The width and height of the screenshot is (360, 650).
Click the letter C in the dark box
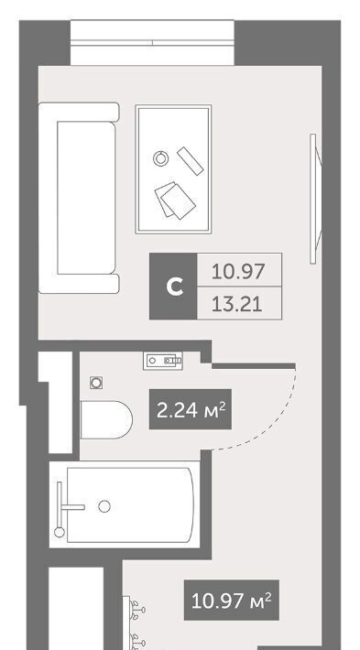[175, 287]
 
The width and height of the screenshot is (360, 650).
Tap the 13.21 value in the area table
[237, 304]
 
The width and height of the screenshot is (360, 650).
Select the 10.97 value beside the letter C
[238, 272]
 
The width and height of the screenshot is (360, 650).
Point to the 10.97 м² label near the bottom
[232, 600]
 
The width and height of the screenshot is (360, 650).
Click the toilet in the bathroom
[106, 419]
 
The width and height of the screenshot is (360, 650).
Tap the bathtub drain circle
[104, 506]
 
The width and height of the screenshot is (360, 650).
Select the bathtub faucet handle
[71, 507]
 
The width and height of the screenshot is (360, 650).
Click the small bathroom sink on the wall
[163, 360]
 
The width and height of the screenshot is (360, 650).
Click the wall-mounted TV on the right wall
[316, 199]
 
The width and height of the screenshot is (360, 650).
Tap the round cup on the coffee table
[161, 158]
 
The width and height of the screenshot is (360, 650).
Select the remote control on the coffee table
[191, 161]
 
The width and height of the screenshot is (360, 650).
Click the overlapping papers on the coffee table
[175, 200]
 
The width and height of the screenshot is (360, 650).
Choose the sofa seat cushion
[86, 198]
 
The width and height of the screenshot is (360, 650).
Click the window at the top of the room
[152, 43]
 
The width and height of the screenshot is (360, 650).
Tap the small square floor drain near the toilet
[96, 383]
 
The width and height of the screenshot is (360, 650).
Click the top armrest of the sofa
[79, 112]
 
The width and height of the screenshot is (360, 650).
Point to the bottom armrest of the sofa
[79, 284]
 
